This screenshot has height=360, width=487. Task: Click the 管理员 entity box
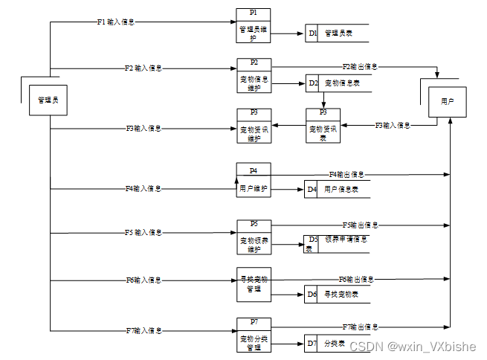click(x=48, y=100)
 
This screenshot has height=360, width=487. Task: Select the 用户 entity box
click(x=448, y=100)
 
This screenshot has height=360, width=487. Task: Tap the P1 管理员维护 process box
click(x=253, y=28)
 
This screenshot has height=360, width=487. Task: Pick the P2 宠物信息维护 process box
click(x=254, y=76)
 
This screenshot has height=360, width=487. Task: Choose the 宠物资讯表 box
click(x=323, y=127)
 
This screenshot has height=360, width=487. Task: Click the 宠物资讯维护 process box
click(x=254, y=127)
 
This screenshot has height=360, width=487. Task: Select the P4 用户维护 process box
click(x=254, y=181)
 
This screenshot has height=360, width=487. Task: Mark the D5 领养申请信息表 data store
click(x=336, y=243)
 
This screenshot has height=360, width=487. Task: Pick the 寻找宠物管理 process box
click(x=254, y=283)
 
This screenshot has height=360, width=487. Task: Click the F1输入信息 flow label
click(x=117, y=22)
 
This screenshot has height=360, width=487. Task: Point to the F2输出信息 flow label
click(x=360, y=67)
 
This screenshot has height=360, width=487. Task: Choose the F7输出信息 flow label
click(x=360, y=327)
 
